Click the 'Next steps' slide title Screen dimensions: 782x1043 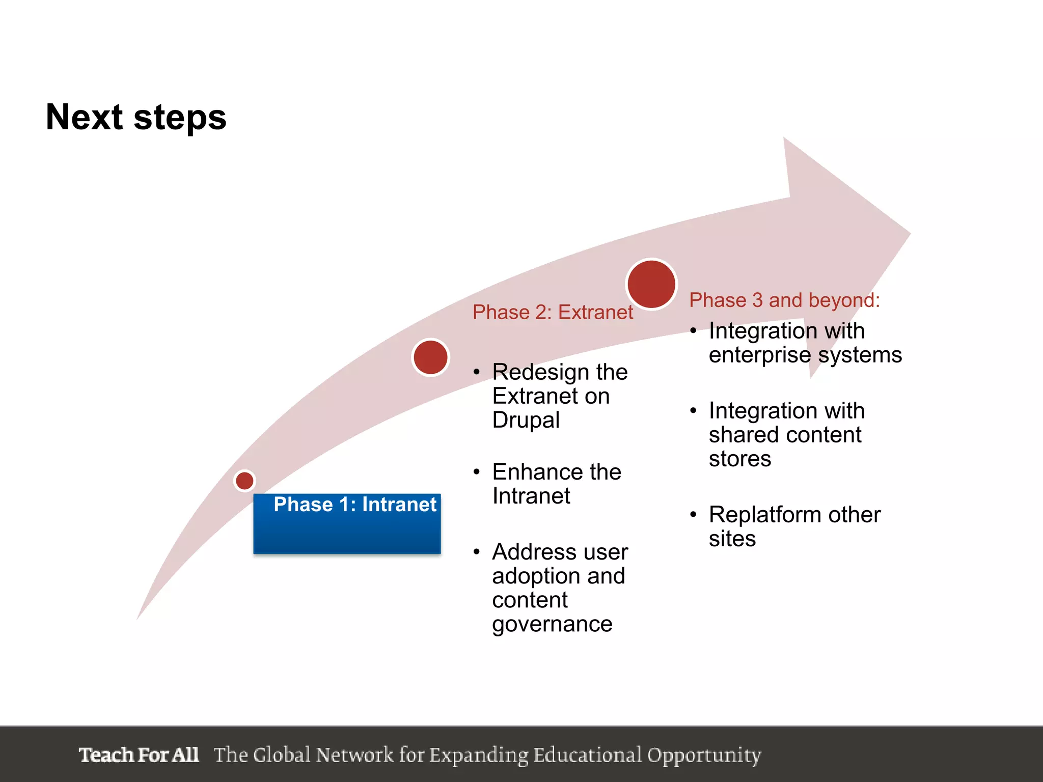(x=136, y=117)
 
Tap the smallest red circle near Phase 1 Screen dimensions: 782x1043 (x=244, y=481)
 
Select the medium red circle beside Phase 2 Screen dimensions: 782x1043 (x=431, y=357)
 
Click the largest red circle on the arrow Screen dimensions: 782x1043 (x=651, y=284)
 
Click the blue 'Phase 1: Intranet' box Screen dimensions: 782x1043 (x=347, y=523)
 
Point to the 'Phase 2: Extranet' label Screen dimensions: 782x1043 (x=553, y=312)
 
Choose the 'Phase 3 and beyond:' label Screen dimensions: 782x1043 (x=784, y=300)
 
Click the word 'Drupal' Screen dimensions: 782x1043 (x=526, y=420)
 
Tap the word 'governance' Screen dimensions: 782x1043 (x=552, y=624)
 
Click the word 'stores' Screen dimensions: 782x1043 (x=739, y=459)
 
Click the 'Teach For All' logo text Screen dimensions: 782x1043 (x=139, y=755)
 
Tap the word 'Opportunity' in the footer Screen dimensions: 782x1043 (x=704, y=756)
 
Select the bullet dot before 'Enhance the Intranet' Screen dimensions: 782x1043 (x=476, y=472)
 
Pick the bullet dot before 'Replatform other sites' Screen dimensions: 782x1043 (x=693, y=515)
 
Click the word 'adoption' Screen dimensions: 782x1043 (x=534, y=576)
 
